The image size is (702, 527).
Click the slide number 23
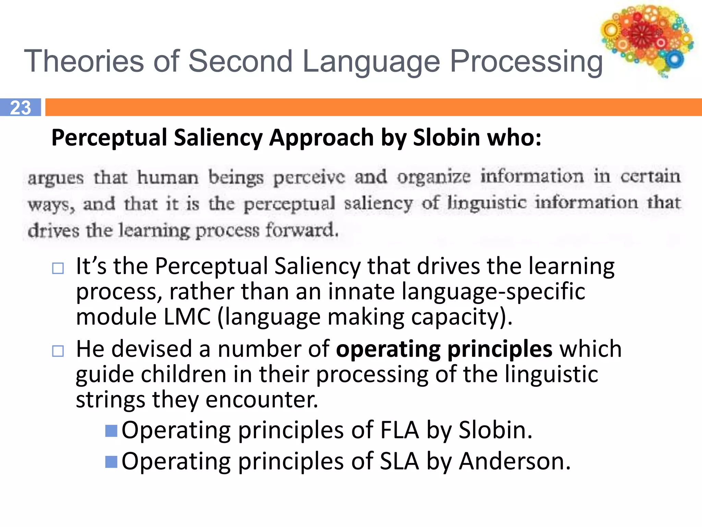coord(21,107)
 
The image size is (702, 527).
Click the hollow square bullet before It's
coord(58,268)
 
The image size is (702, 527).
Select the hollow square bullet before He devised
coord(58,351)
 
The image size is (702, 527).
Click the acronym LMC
coord(187,316)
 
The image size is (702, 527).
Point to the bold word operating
coord(388,349)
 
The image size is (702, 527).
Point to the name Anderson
coord(514,461)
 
